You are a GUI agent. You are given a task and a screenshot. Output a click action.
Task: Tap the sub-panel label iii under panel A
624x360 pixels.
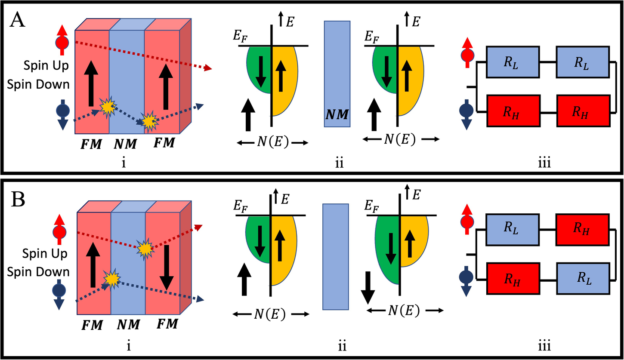546,163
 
